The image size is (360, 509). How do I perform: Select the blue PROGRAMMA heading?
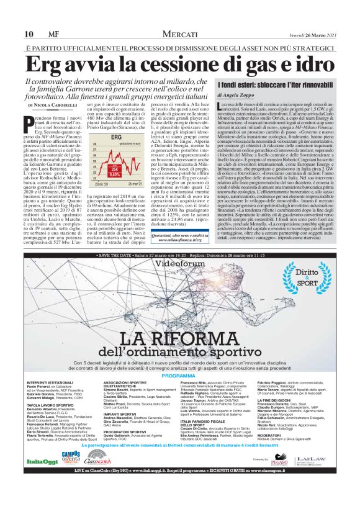179,377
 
